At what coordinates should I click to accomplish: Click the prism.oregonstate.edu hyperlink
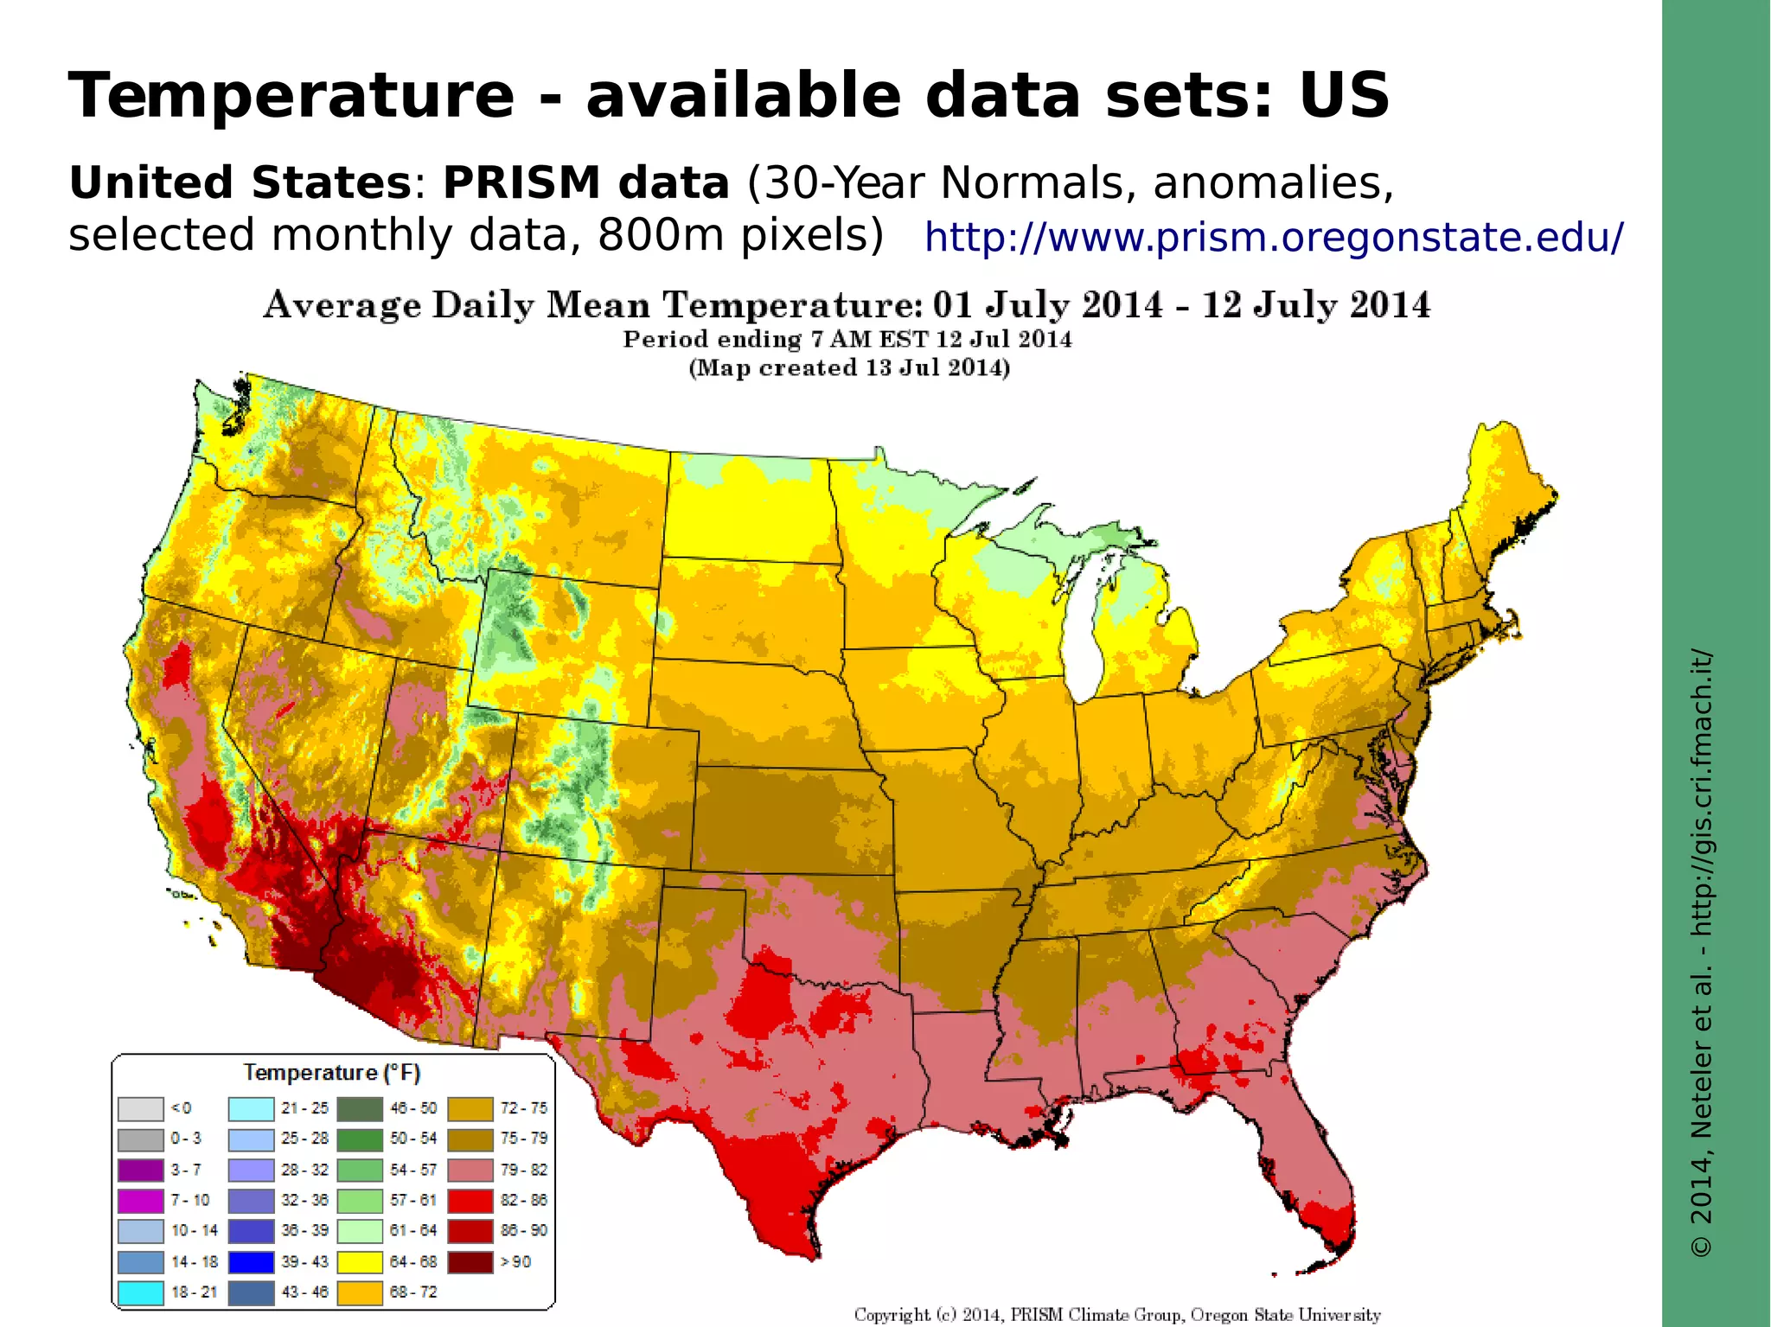coord(1274,237)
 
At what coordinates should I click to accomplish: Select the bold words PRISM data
coord(585,183)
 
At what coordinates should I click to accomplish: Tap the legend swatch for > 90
coord(470,1261)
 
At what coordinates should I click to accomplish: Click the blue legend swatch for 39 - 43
coord(251,1261)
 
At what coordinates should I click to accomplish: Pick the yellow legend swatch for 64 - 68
coord(360,1261)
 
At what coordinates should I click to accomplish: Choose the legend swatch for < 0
coord(141,1108)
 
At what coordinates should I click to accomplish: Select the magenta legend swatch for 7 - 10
coord(141,1200)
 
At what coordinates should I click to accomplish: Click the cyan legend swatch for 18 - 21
coord(141,1292)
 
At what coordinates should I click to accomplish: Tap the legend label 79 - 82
coord(524,1170)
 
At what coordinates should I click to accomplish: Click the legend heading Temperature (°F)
coord(332,1073)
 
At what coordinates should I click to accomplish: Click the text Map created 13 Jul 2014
coord(849,368)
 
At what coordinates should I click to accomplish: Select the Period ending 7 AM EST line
coord(847,339)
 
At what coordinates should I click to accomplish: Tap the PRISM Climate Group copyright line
coord(1117,1314)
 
